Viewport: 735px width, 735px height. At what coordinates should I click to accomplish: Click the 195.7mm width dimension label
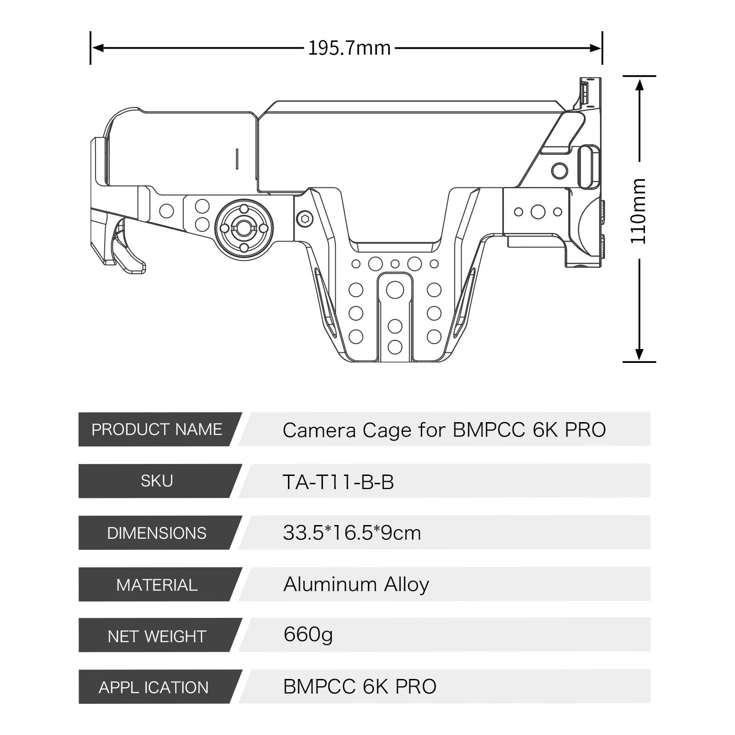[x=349, y=48]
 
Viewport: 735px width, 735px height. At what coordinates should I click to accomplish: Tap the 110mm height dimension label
[x=639, y=211]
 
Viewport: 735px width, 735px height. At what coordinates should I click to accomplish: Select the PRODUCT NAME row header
[x=157, y=430]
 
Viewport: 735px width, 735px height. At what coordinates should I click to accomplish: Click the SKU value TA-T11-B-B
[x=338, y=482]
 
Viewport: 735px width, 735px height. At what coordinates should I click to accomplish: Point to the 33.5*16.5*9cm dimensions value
[x=352, y=533]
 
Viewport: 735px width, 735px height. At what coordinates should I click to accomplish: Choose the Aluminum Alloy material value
[x=356, y=585]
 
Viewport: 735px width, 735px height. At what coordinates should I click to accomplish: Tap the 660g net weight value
[x=308, y=635]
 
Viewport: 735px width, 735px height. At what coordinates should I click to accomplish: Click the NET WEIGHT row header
[x=157, y=636]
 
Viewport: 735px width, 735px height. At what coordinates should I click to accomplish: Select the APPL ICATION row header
[x=153, y=687]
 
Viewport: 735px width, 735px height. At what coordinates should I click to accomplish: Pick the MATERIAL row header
[x=157, y=585]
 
